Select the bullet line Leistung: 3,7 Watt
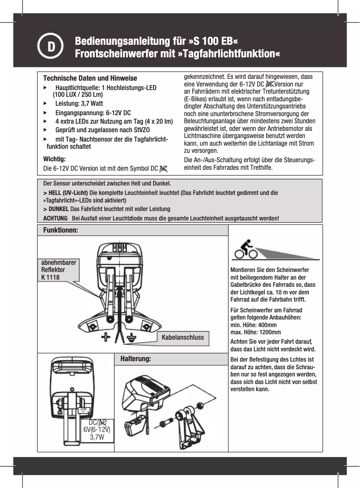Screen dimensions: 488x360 coord(79,104)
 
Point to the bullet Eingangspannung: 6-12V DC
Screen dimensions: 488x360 coord(92,112)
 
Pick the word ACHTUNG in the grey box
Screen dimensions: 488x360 coord(55,218)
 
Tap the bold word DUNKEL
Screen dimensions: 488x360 coord(58,209)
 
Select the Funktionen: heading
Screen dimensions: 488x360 coord(61,230)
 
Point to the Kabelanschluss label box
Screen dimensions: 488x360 coord(183,337)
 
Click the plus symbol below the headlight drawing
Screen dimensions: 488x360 coord(106,337)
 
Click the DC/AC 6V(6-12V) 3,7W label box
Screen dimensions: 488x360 coord(97,430)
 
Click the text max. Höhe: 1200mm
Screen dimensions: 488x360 coord(255,332)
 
